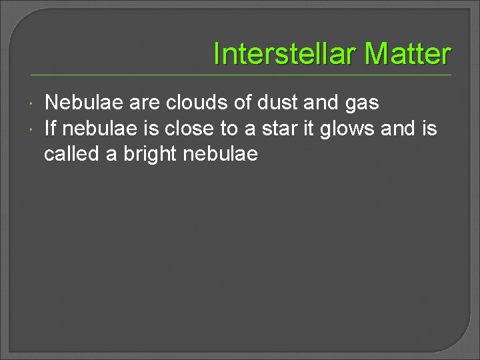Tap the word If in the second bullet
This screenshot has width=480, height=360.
(x=50, y=128)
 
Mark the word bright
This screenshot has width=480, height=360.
(x=147, y=154)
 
